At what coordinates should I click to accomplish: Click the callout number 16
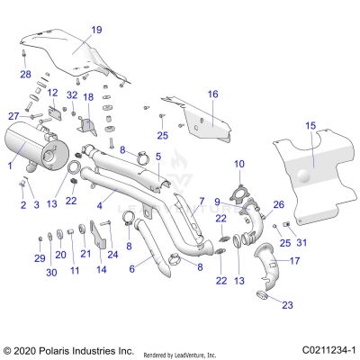[x=213, y=94]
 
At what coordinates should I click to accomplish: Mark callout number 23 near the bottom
[x=287, y=305]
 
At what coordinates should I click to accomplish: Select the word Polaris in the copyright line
[x=54, y=348]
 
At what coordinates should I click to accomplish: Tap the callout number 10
[x=238, y=163]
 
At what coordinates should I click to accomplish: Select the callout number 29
[x=40, y=258]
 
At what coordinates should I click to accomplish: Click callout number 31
[x=301, y=242]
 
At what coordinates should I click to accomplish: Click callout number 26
[x=278, y=204]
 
